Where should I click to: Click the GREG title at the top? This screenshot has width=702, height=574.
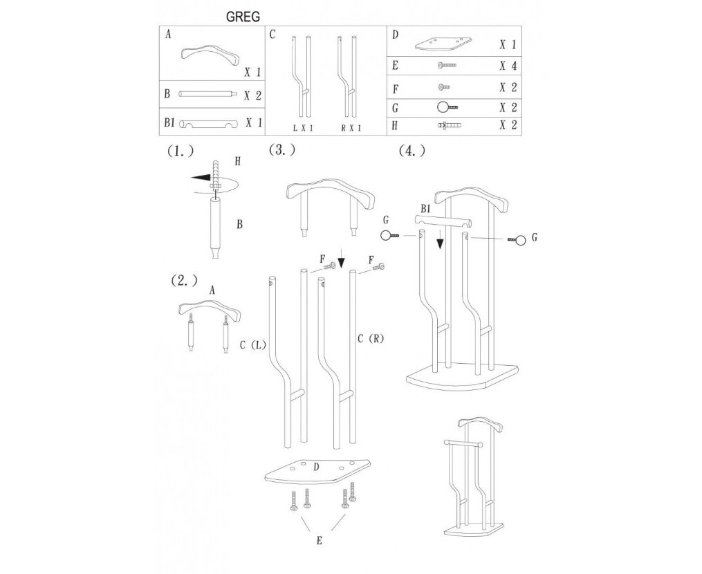pos(243,17)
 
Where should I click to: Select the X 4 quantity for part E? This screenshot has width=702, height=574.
pos(508,66)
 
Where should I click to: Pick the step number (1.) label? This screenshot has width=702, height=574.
pos(181,151)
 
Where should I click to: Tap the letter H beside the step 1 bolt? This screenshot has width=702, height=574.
pos(237,162)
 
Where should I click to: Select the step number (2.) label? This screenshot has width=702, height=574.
pos(184,281)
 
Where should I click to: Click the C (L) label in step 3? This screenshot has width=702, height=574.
pos(253,345)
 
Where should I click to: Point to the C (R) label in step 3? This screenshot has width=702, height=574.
pos(371,338)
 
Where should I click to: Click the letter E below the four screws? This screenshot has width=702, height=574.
pos(319,541)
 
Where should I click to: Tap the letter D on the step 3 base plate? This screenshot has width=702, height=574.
pos(316,467)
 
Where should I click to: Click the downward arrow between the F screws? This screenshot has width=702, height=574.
pos(342,259)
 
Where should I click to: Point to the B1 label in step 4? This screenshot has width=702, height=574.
pos(425,209)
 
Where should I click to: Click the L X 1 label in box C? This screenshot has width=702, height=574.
pos(303,129)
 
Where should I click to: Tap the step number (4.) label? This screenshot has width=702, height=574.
pos(412,151)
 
